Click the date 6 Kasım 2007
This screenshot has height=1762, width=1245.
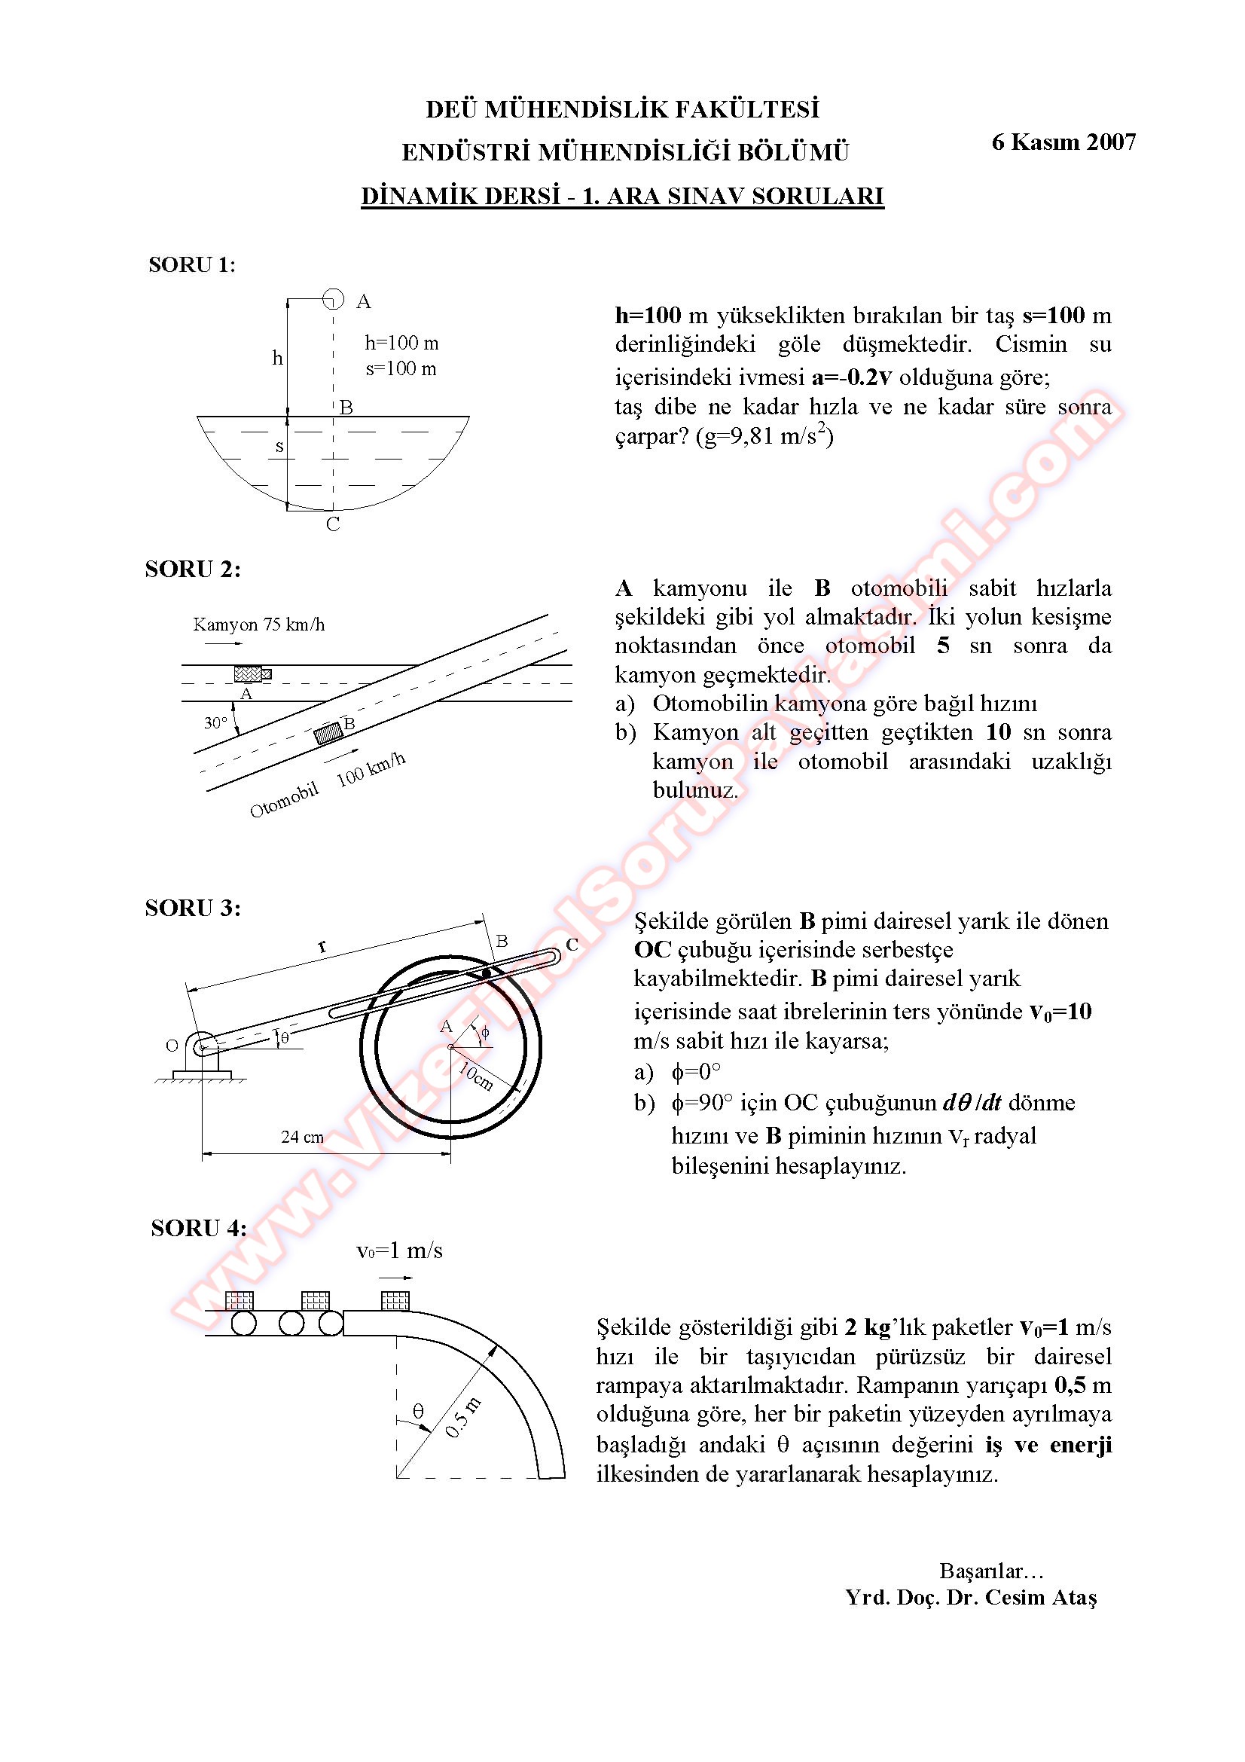(x=1063, y=142)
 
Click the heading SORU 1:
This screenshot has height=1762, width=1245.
(x=192, y=264)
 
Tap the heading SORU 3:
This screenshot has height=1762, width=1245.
(x=193, y=908)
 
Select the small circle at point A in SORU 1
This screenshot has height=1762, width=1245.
(x=333, y=298)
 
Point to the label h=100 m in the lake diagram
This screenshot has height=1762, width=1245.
(x=401, y=343)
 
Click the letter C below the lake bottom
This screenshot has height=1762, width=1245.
(x=333, y=524)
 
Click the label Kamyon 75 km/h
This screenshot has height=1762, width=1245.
(x=258, y=624)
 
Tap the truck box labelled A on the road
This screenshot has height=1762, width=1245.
(x=252, y=673)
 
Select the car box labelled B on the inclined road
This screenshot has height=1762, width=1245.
(x=329, y=733)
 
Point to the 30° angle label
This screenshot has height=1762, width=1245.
(x=215, y=723)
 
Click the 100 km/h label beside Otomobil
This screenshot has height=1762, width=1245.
(x=371, y=769)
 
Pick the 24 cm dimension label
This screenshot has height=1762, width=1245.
(x=302, y=1137)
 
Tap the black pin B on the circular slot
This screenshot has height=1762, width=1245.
(x=485, y=973)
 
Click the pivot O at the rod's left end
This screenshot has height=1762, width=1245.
(x=202, y=1046)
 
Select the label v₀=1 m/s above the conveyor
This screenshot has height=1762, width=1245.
(x=399, y=1251)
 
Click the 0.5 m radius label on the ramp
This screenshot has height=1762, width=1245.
(x=462, y=1418)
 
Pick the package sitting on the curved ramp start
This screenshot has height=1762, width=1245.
(x=395, y=1300)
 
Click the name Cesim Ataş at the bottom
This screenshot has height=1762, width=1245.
(x=1041, y=1597)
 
